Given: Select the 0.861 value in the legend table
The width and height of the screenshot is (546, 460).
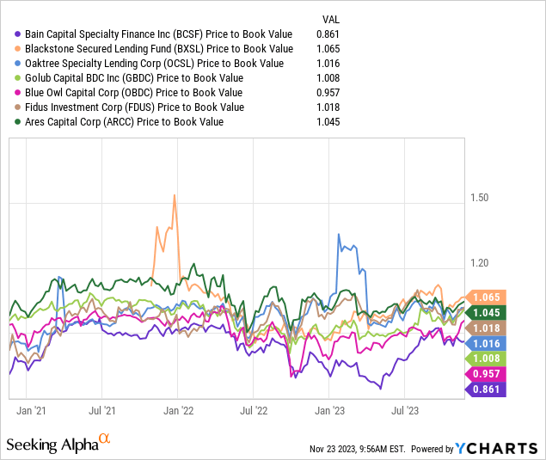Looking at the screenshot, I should coord(331,34).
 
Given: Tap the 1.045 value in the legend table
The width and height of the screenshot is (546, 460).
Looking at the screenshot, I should coord(331,121).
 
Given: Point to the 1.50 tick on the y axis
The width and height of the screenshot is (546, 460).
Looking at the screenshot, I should coord(480,197).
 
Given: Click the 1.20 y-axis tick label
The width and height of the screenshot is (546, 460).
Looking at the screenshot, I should coord(480,263).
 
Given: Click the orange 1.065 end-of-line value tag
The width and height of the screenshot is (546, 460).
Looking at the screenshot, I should coord(487,297).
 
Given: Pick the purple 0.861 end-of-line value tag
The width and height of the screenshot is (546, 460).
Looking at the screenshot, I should coord(487,389).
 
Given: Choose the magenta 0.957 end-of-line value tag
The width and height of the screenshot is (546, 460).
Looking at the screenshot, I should coord(487,374).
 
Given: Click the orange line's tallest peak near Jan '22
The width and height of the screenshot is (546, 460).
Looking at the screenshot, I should coord(175,194).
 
